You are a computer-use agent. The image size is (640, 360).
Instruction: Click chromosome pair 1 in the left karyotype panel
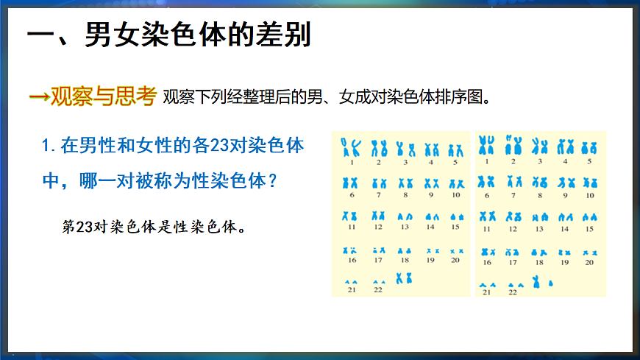(x=352, y=147)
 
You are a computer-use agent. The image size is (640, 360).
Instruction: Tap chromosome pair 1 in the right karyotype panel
(x=486, y=144)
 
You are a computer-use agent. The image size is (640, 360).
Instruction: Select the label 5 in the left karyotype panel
(x=455, y=161)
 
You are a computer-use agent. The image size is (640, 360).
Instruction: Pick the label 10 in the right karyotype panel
(x=589, y=195)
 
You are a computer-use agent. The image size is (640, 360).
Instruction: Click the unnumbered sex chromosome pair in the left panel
(x=404, y=278)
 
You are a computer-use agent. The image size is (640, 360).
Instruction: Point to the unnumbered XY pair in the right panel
(x=541, y=281)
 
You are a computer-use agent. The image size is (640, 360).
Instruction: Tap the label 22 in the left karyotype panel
(x=378, y=290)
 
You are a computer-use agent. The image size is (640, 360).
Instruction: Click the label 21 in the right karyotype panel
(x=486, y=292)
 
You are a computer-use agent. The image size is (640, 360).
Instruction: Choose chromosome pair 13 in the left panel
(x=405, y=217)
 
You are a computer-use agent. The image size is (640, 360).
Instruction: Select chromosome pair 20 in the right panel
(x=589, y=253)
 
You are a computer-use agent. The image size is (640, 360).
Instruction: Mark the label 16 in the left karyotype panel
(x=352, y=260)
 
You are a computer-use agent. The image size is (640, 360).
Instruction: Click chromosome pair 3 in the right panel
(x=539, y=145)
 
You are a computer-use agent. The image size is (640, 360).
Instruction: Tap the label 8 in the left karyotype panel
(x=405, y=195)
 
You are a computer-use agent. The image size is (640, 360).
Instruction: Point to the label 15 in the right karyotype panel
(x=589, y=229)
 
